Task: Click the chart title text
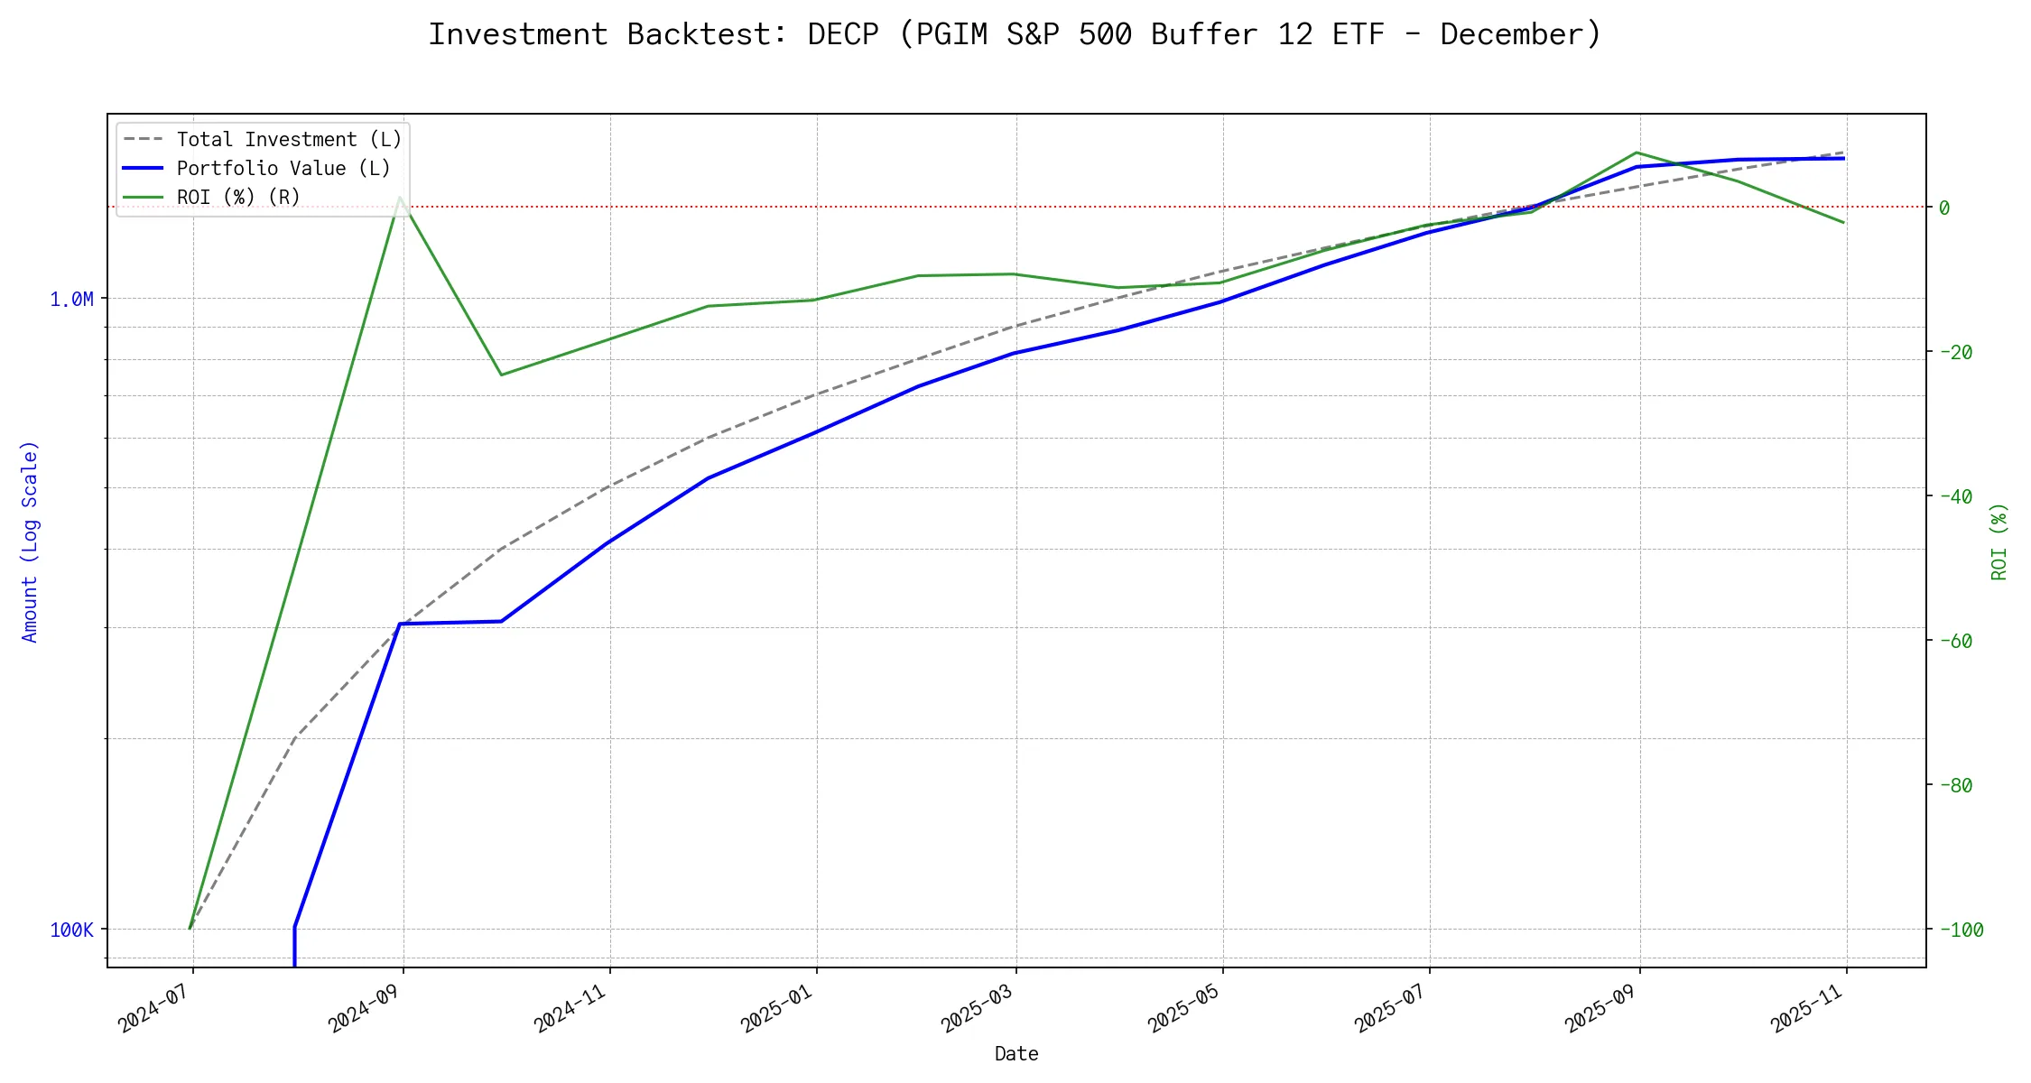click(1015, 34)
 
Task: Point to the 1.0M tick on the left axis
click(71, 300)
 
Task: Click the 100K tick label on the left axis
click(71, 930)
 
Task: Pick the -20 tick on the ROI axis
click(1955, 352)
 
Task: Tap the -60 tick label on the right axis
click(1955, 641)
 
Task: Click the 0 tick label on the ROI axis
click(1944, 208)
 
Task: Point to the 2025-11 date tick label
click(1808, 1007)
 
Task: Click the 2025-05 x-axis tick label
click(1184, 1007)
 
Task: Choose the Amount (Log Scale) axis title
click(30, 541)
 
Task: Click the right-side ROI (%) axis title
click(1999, 541)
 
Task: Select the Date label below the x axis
click(1016, 1054)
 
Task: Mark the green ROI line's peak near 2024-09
click(400, 197)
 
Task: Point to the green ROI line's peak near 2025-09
click(1637, 153)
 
